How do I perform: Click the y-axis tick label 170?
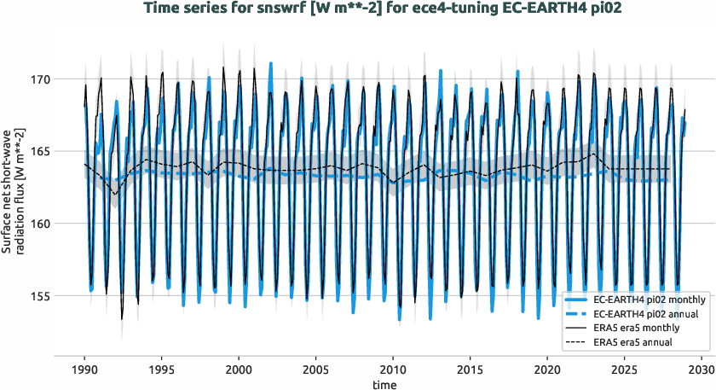click(x=40, y=79)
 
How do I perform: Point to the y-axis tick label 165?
click(x=40, y=152)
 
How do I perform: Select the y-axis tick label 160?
click(x=40, y=224)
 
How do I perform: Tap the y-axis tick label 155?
click(x=40, y=296)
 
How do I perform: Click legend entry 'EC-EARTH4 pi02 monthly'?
click(x=645, y=300)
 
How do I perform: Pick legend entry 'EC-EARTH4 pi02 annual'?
click(x=642, y=314)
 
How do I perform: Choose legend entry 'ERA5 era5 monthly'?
click(x=634, y=328)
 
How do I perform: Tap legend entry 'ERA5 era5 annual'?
click(x=631, y=341)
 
